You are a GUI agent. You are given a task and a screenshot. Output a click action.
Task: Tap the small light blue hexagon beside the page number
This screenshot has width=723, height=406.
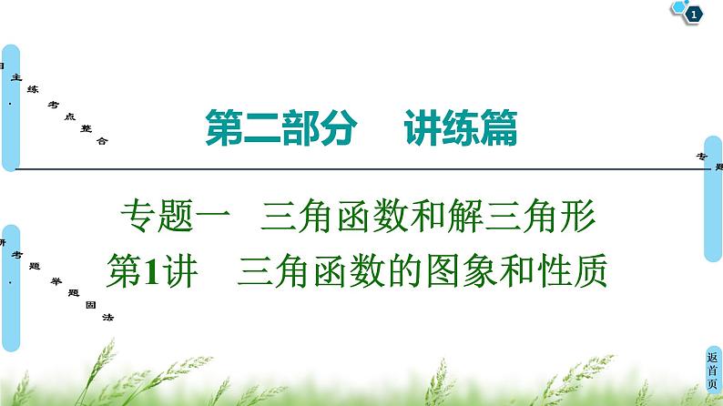click(680, 6)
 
